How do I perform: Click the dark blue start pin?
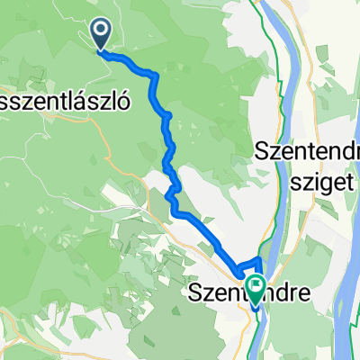point(100,36)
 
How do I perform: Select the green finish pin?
point(256,289)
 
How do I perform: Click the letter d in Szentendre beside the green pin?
point(270,293)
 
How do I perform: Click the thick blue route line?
point(166,126)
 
